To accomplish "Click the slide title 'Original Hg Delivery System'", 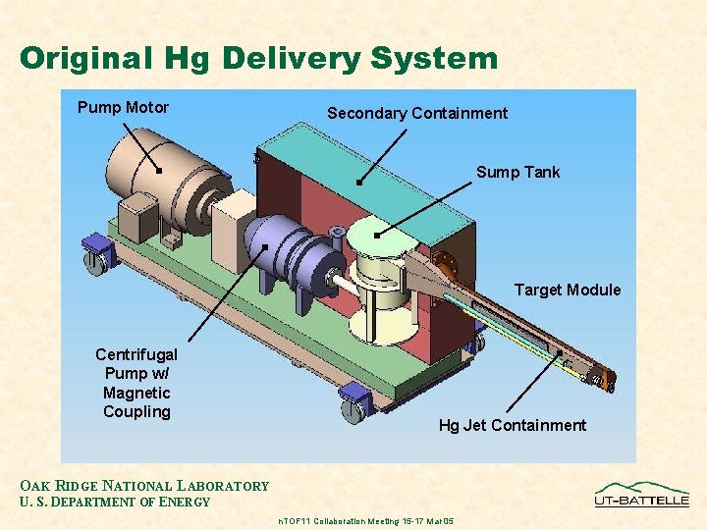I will pos(258,58).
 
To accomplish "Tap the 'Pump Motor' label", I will pos(123,108).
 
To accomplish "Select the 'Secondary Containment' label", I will pos(417,114).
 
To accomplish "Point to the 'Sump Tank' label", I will pos(517,173).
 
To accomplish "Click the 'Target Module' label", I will pos(568,291).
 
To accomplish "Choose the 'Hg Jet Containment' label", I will pos(512,426).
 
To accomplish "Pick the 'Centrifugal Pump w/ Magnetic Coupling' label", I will pos(136,383).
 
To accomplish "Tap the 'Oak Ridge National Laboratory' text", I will pos(144,486).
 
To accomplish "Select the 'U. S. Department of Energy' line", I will pos(115,503).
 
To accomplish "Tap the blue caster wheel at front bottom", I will pos(353,404).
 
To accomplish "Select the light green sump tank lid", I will pos(378,236).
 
